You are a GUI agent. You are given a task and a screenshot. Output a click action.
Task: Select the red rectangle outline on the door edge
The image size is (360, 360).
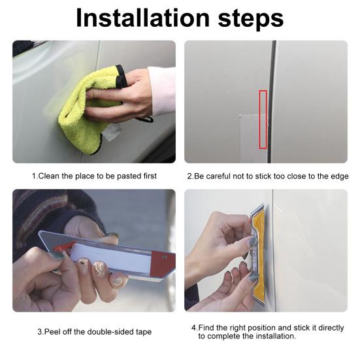click(263, 119)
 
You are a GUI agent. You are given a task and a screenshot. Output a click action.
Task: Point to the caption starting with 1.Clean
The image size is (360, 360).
click(94, 176)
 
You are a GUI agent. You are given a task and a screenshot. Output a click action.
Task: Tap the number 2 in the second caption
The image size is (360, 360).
click(189, 176)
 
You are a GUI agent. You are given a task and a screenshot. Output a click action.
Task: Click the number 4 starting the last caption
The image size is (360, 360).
click(194, 327)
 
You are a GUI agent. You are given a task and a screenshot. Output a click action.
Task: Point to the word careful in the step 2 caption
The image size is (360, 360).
click(221, 176)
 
